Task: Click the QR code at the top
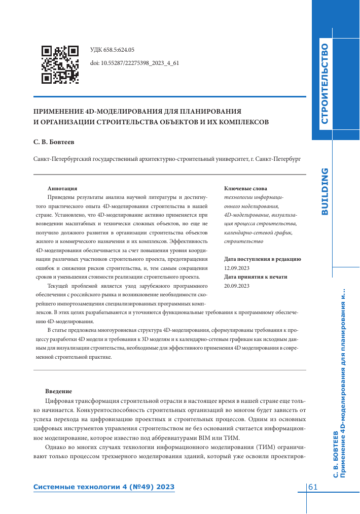[60, 64]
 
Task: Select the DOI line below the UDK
[134, 63]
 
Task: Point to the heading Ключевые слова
[245, 188]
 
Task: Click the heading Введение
[58, 391]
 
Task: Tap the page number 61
[313, 487]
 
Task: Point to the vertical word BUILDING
[325, 191]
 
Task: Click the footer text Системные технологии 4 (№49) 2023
[104, 487]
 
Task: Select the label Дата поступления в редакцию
[263, 259]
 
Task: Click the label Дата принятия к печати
[256, 277]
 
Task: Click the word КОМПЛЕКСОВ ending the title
[239, 122]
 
